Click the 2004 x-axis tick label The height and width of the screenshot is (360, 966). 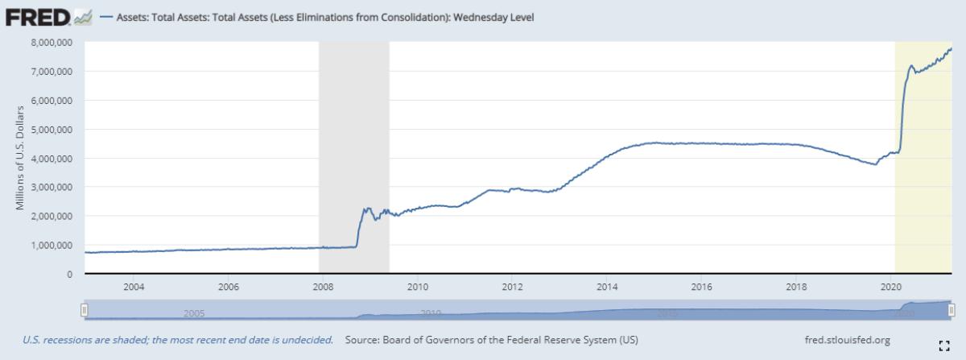pyautogui.click(x=134, y=287)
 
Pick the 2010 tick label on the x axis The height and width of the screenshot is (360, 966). pyautogui.click(x=417, y=287)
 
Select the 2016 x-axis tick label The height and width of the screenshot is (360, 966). pyautogui.click(x=701, y=287)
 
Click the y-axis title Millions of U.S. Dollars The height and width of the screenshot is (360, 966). pyautogui.click(x=21, y=157)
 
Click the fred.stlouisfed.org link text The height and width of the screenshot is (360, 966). pyautogui.click(x=847, y=340)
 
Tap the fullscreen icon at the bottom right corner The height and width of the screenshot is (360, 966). pyautogui.click(x=945, y=346)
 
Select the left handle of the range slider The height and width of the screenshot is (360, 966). pyautogui.click(x=84, y=309)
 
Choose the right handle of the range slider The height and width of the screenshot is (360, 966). pyautogui.click(x=952, y=309)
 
